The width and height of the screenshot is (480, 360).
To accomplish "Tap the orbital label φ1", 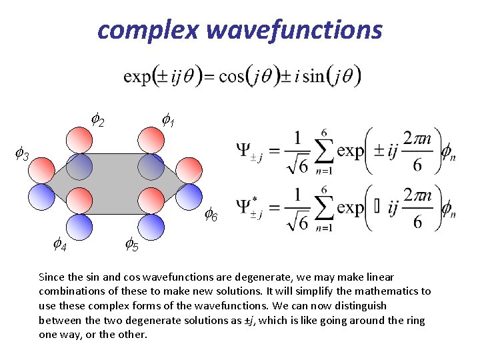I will [x=168, y=121].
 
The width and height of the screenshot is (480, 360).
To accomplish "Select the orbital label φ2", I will [x=97, y=121].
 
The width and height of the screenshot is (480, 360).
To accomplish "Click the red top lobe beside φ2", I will [x=79, y=139].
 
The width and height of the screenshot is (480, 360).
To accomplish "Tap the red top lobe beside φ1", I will [x=151, y=139].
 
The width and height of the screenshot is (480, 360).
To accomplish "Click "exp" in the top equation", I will [x=137, y=76].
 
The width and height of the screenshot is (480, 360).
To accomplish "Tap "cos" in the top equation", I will [x=232, y=76].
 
